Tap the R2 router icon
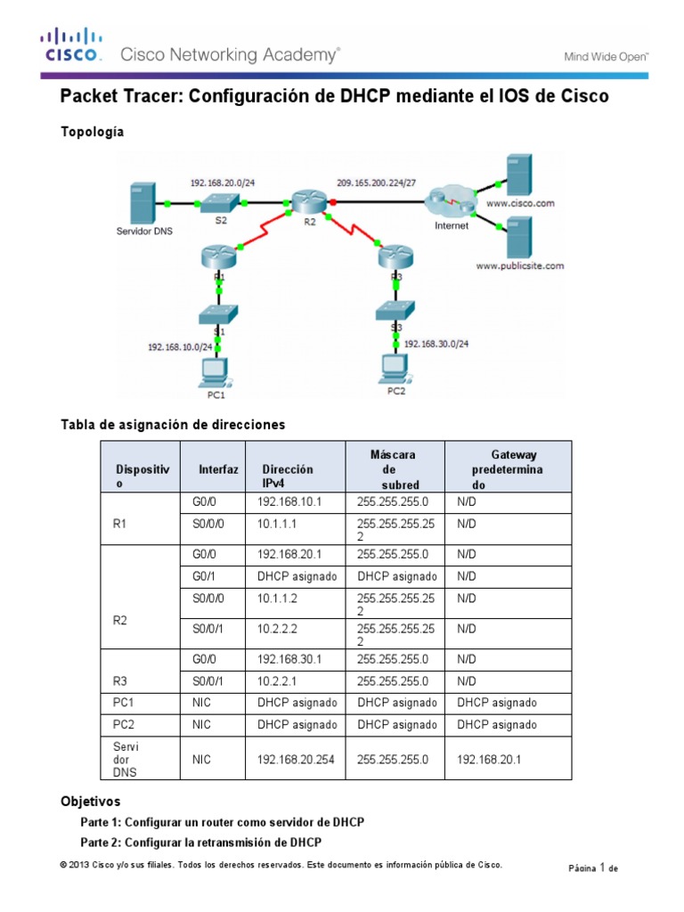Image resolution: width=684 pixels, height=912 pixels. click(x=308, y=200)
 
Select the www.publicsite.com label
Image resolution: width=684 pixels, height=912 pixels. click(x=520, y=265)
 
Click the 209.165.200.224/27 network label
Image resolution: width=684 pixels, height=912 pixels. click(x=376, y=183)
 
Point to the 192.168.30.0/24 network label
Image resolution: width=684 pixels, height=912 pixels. click(x=436, y=343)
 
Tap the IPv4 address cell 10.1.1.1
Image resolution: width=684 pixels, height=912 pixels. click(x=277, y=525)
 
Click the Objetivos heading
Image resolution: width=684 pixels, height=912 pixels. click(x=90, y=802)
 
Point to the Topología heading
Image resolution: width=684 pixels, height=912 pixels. click(x=92, y=132)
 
